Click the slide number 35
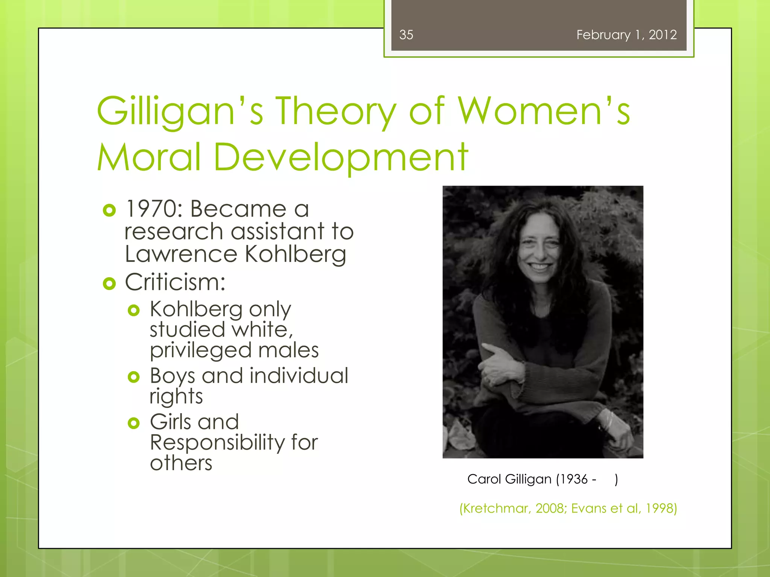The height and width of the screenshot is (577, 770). point(406,35)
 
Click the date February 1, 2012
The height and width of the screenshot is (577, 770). point(626,35)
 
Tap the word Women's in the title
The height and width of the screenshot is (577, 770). point(544,112)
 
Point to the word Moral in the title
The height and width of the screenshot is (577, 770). point(149,157)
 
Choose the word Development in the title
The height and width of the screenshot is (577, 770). point(341,157)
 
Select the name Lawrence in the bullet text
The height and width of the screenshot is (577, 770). point(181,254)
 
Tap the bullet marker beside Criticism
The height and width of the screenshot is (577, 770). point(109,284)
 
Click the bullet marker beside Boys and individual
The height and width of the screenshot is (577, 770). point(133,377)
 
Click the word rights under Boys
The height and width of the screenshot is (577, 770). point(176,397)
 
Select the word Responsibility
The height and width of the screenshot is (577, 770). point(217,443)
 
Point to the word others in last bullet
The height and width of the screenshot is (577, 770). point(181,463)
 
